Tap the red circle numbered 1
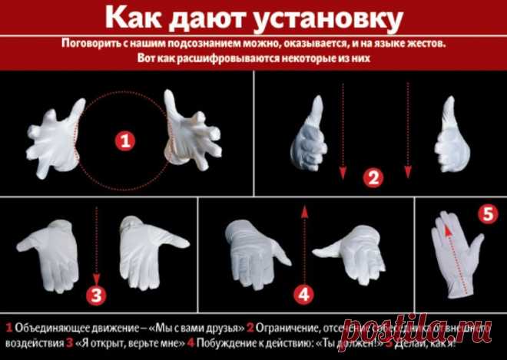(x=124, y=141)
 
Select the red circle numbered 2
(x=374, y=179)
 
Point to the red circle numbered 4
(x=305, y=293)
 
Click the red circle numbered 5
(x=485, y=214)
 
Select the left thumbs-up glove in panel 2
(x=310, y=139)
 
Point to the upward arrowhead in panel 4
(x=305, y=210)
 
